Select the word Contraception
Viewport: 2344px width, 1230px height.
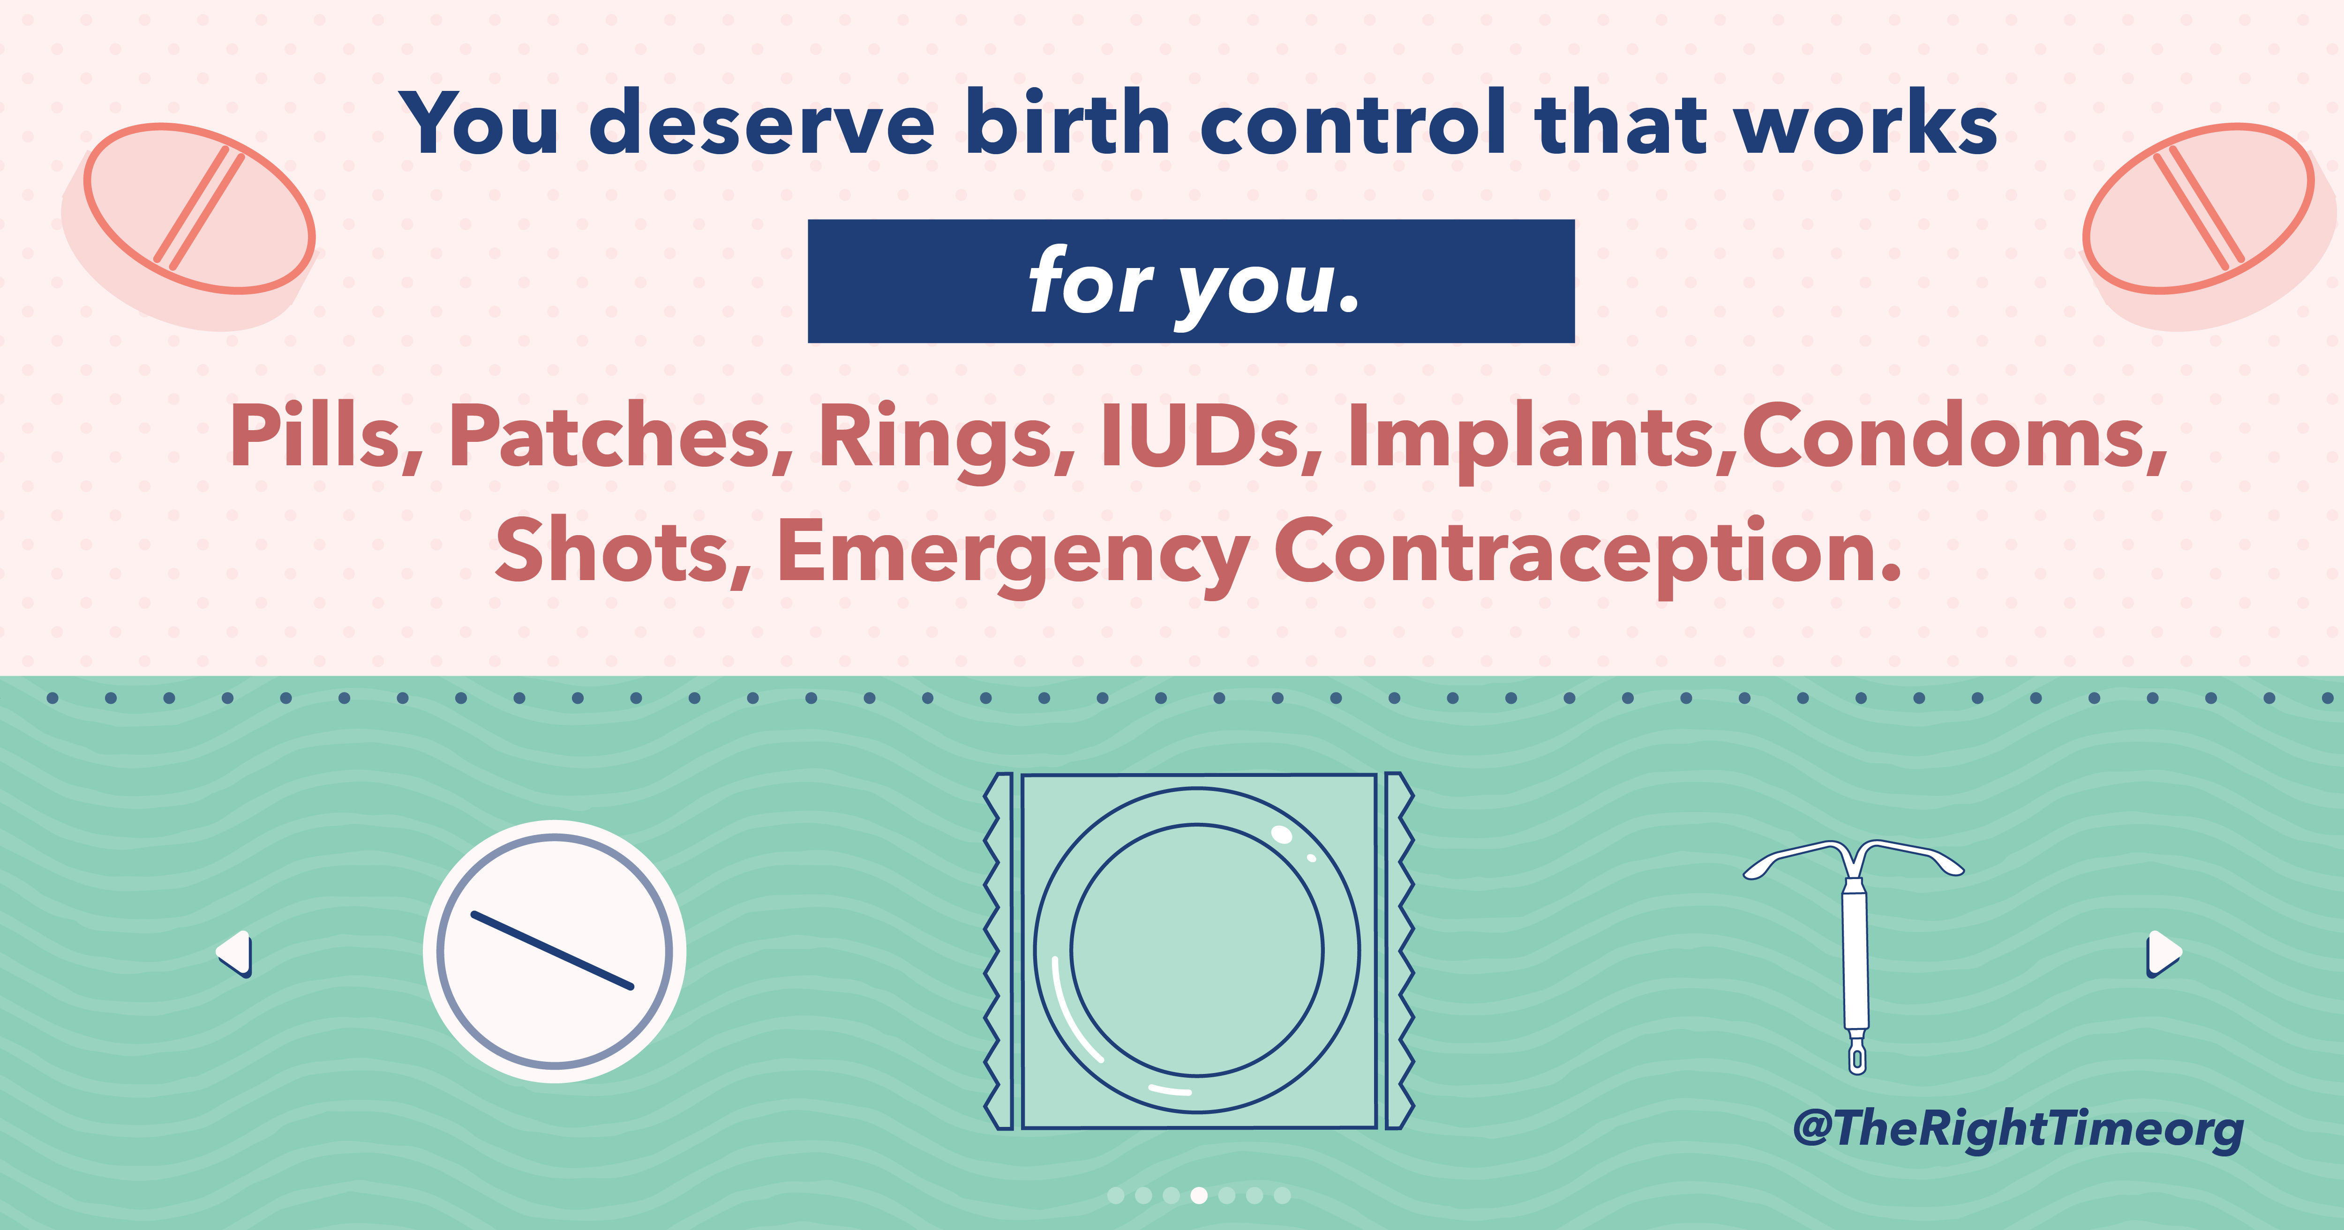tap(1588, 555)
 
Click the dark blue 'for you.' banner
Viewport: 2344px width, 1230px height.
tap(1191, 281)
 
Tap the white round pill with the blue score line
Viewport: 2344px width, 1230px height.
tap(554, 952)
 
